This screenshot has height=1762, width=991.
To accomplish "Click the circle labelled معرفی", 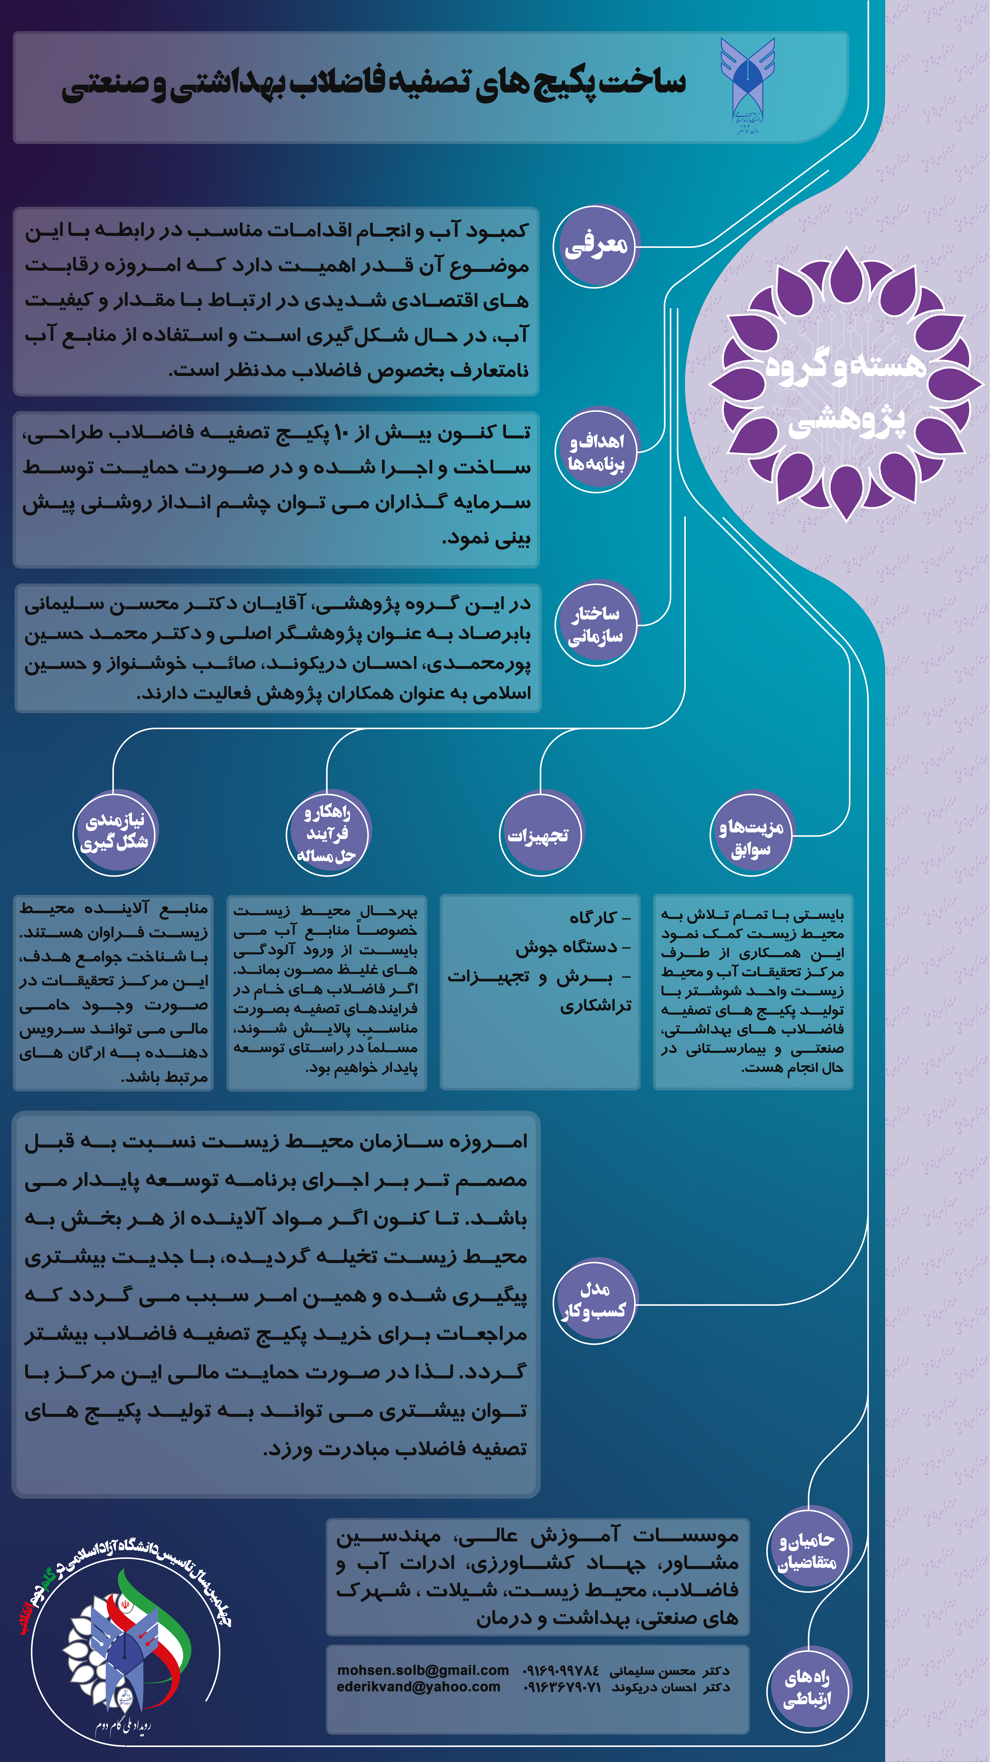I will (x=596, y=246).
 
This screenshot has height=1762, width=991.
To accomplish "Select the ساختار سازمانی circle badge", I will (x=596, y=624).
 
